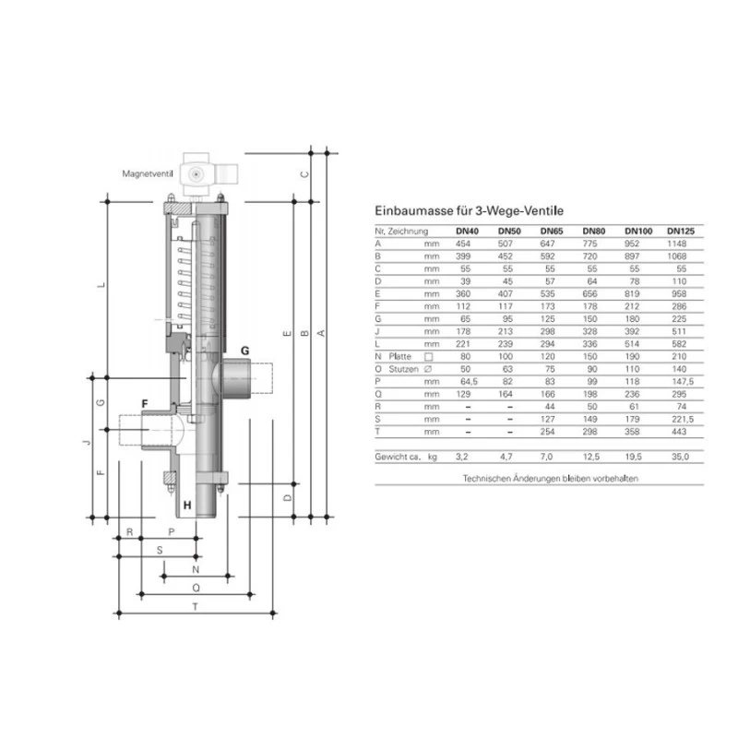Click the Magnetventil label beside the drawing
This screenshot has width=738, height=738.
click(149, 173)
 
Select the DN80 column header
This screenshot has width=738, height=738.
click(593, 231)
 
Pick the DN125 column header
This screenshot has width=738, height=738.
click(681, 231)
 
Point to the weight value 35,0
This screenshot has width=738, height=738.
click(681, 457)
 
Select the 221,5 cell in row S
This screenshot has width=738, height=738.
click(681, 418)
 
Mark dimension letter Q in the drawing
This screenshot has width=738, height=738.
click(195, 587)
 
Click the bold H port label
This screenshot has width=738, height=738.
click(187, 505)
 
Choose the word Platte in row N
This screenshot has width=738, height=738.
click(400, 355)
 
